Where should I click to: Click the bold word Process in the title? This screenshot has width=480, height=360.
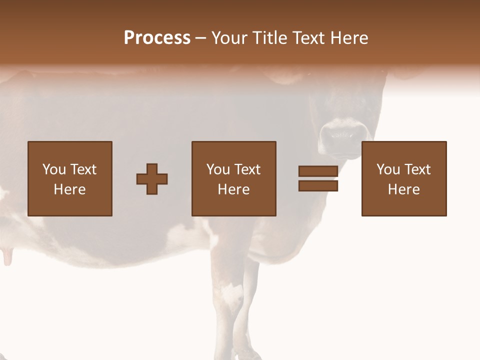point(157,38)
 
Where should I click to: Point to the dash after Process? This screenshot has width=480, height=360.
point(200,38)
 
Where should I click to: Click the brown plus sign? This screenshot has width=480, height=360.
point(152,179)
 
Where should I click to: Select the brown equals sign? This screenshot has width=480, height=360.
point(318,178)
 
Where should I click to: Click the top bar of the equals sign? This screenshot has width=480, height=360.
point(318,171)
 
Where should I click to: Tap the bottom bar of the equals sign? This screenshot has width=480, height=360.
point(318,186)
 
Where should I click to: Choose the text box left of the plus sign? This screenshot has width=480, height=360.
point(70,178)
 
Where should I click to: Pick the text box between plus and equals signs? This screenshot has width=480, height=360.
point(233,178)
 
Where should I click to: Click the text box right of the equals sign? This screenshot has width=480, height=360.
point(403,178)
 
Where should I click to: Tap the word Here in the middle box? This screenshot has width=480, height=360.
point(233,189)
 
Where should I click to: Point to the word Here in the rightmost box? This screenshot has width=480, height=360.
point(403,189)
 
